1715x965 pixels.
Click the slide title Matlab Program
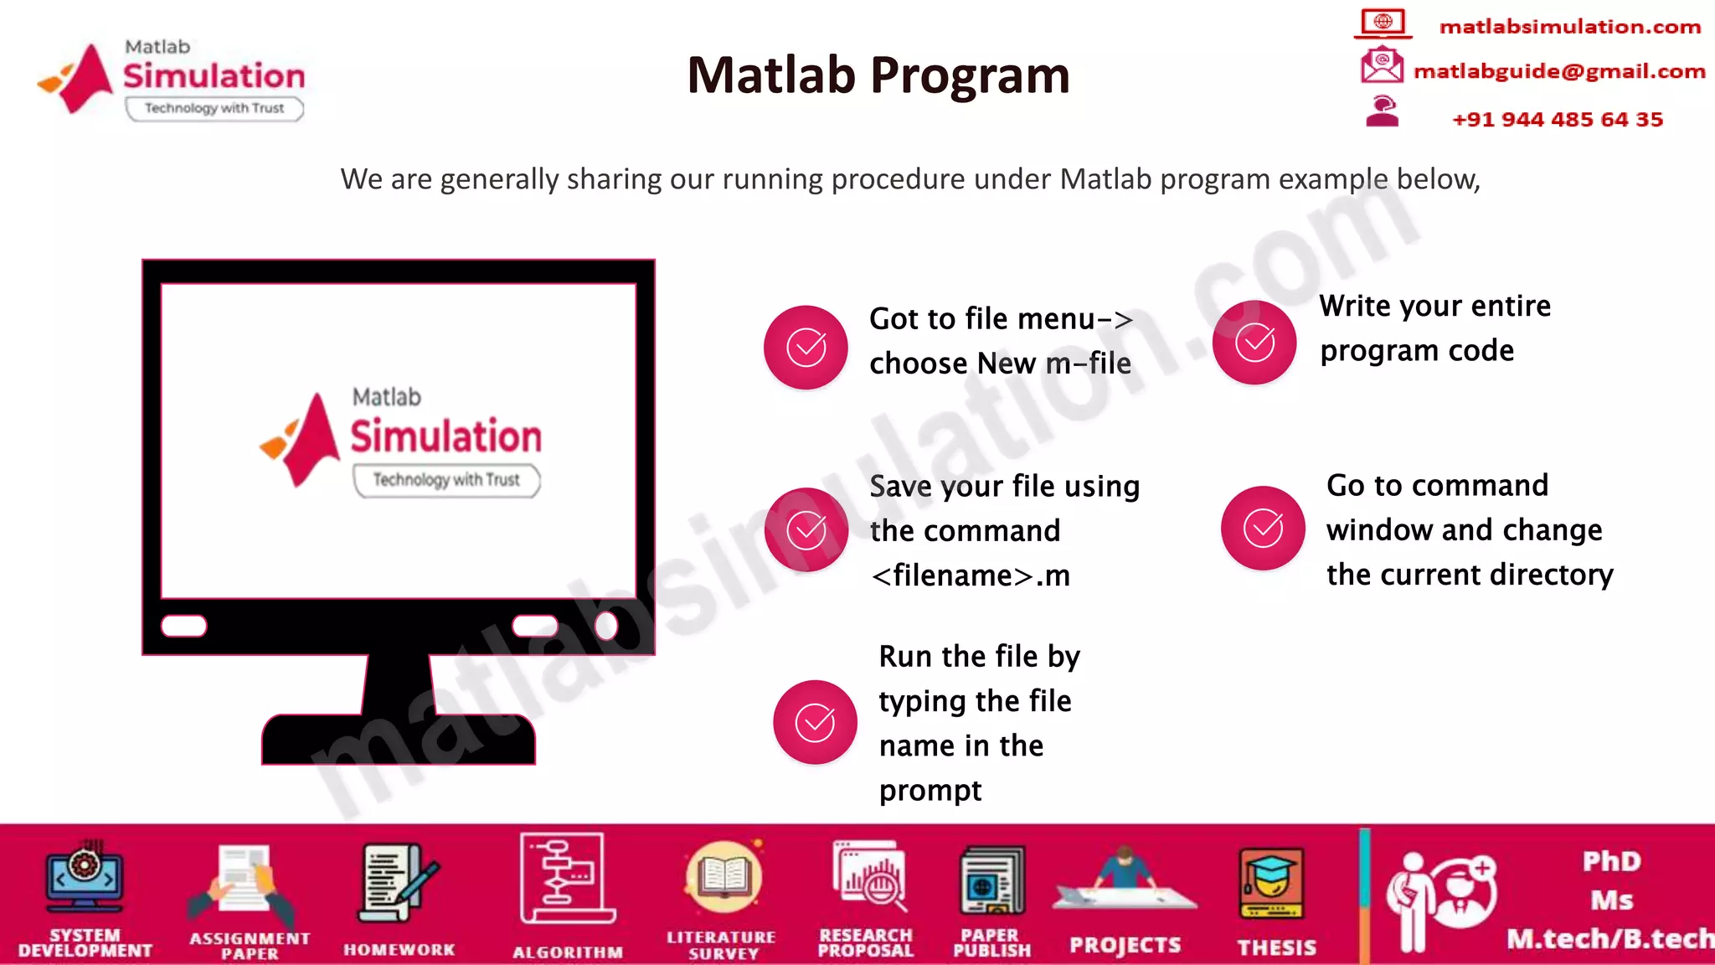coord(878,75)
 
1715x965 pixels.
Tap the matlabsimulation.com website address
coord(1569,27)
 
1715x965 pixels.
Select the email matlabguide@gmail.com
coord(1558,71)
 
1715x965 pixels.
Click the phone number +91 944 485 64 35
coord(1557,120)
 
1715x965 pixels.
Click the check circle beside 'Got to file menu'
coord(806,347)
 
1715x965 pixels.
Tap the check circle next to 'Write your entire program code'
coord(1254,343)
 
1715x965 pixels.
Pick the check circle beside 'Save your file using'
coord(806,529)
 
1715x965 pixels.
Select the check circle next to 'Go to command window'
coord(1263,528)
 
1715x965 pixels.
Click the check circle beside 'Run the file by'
coord(815,722)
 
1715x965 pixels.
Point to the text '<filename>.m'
coord(970,575)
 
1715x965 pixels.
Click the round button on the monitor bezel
coord(606,626)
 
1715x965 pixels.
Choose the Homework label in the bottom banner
coord(399,950)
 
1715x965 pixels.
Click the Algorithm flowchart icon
coord(567,879)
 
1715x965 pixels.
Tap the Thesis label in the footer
coord(1276,947)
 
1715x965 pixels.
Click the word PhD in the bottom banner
coord(1611,861)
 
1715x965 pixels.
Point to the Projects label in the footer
coord(1125,946)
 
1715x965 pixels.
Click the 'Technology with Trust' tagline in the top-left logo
coord(214,108)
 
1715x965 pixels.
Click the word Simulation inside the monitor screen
coord(445,436)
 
